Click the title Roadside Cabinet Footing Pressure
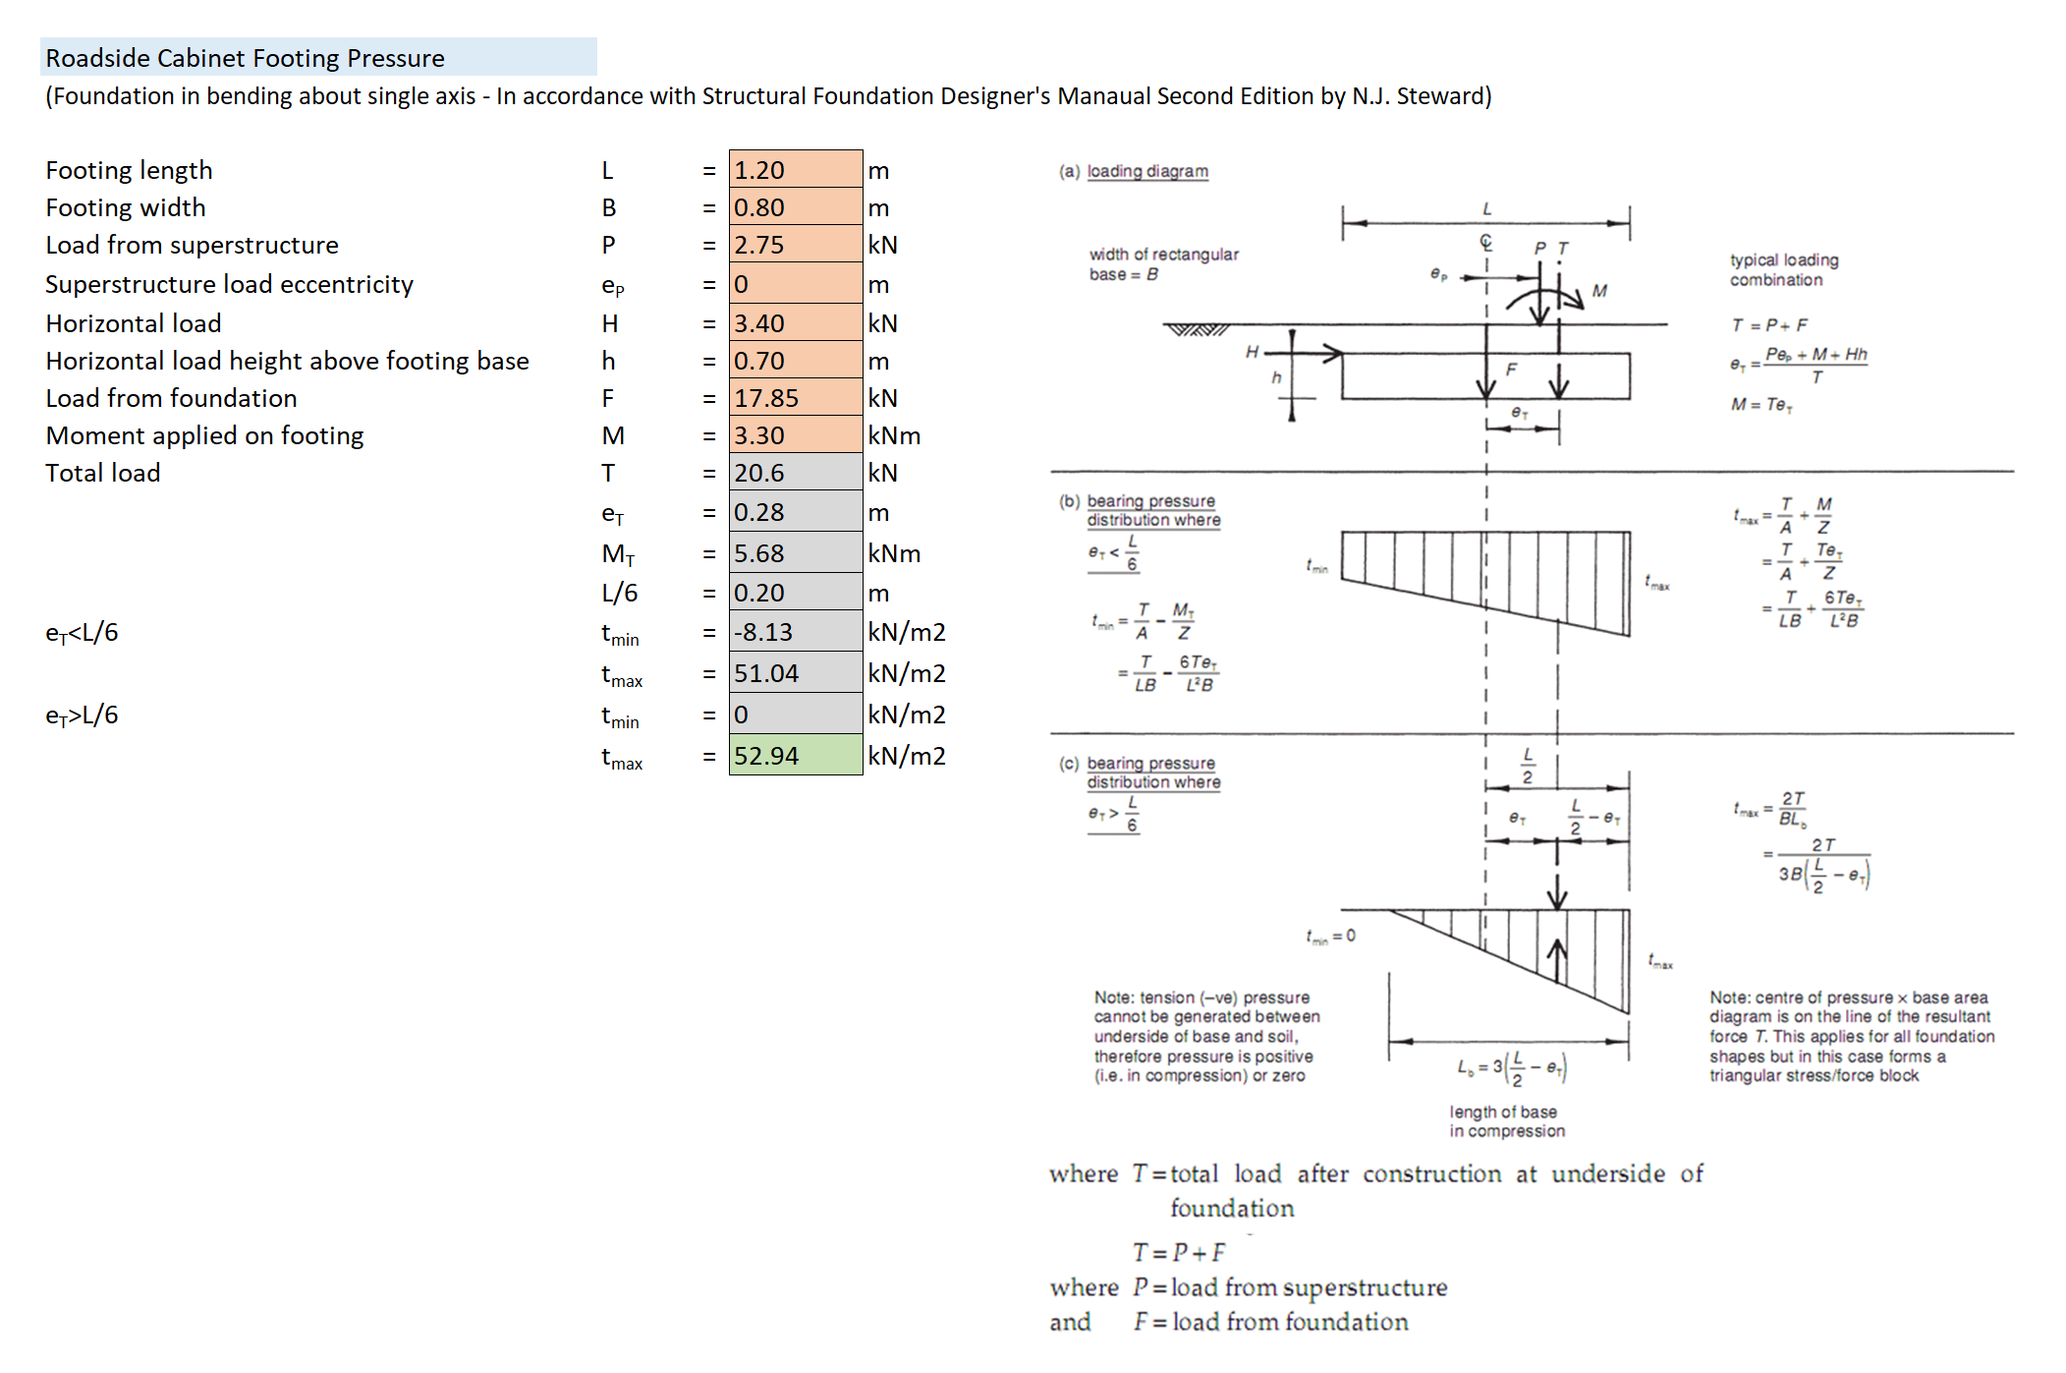[245, 58]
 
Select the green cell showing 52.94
[795, 755]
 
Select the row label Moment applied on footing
[204, 435]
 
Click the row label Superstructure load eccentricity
[229, 284]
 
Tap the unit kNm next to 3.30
[894, 435]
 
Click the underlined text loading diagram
[1147, 171]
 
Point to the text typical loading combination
[1784, 269]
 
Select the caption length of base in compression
[1507, 1121]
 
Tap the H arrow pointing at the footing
[1304, 353]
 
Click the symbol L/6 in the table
[619, 593]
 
